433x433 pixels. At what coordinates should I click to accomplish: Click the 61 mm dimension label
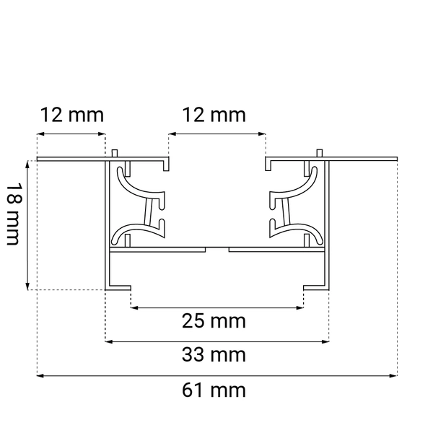pos(224,391)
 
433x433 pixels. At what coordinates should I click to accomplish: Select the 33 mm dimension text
pos(224,355)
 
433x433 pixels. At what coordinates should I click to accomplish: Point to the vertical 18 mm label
pos(13,214)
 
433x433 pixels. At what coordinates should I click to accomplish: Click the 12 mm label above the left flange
pos(71,115)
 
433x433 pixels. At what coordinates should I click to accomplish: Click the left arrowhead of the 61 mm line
pos(40,375)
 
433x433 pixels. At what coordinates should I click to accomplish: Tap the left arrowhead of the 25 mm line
pos(134,308)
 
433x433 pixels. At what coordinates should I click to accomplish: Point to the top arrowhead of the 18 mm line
pos(29,164)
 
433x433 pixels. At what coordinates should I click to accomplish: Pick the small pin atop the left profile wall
pos(115,153)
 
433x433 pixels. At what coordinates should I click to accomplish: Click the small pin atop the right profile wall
pos(319,153)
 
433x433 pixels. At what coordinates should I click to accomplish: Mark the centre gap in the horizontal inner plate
pos(217,249)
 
